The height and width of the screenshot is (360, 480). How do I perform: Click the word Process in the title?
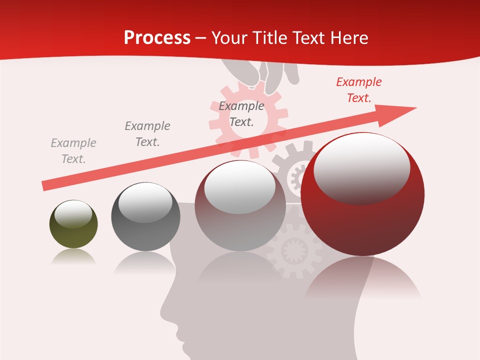tap(157, 38)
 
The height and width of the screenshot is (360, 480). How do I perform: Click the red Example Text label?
tap(358, 90)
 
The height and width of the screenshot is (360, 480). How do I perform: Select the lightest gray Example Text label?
tap(73, 151)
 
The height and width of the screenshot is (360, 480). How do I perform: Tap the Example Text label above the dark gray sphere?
tap(147, 134)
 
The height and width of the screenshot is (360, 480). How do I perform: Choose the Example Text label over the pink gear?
tap(241, 114)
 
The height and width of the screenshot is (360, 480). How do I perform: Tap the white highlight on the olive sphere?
tap(73, 213)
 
